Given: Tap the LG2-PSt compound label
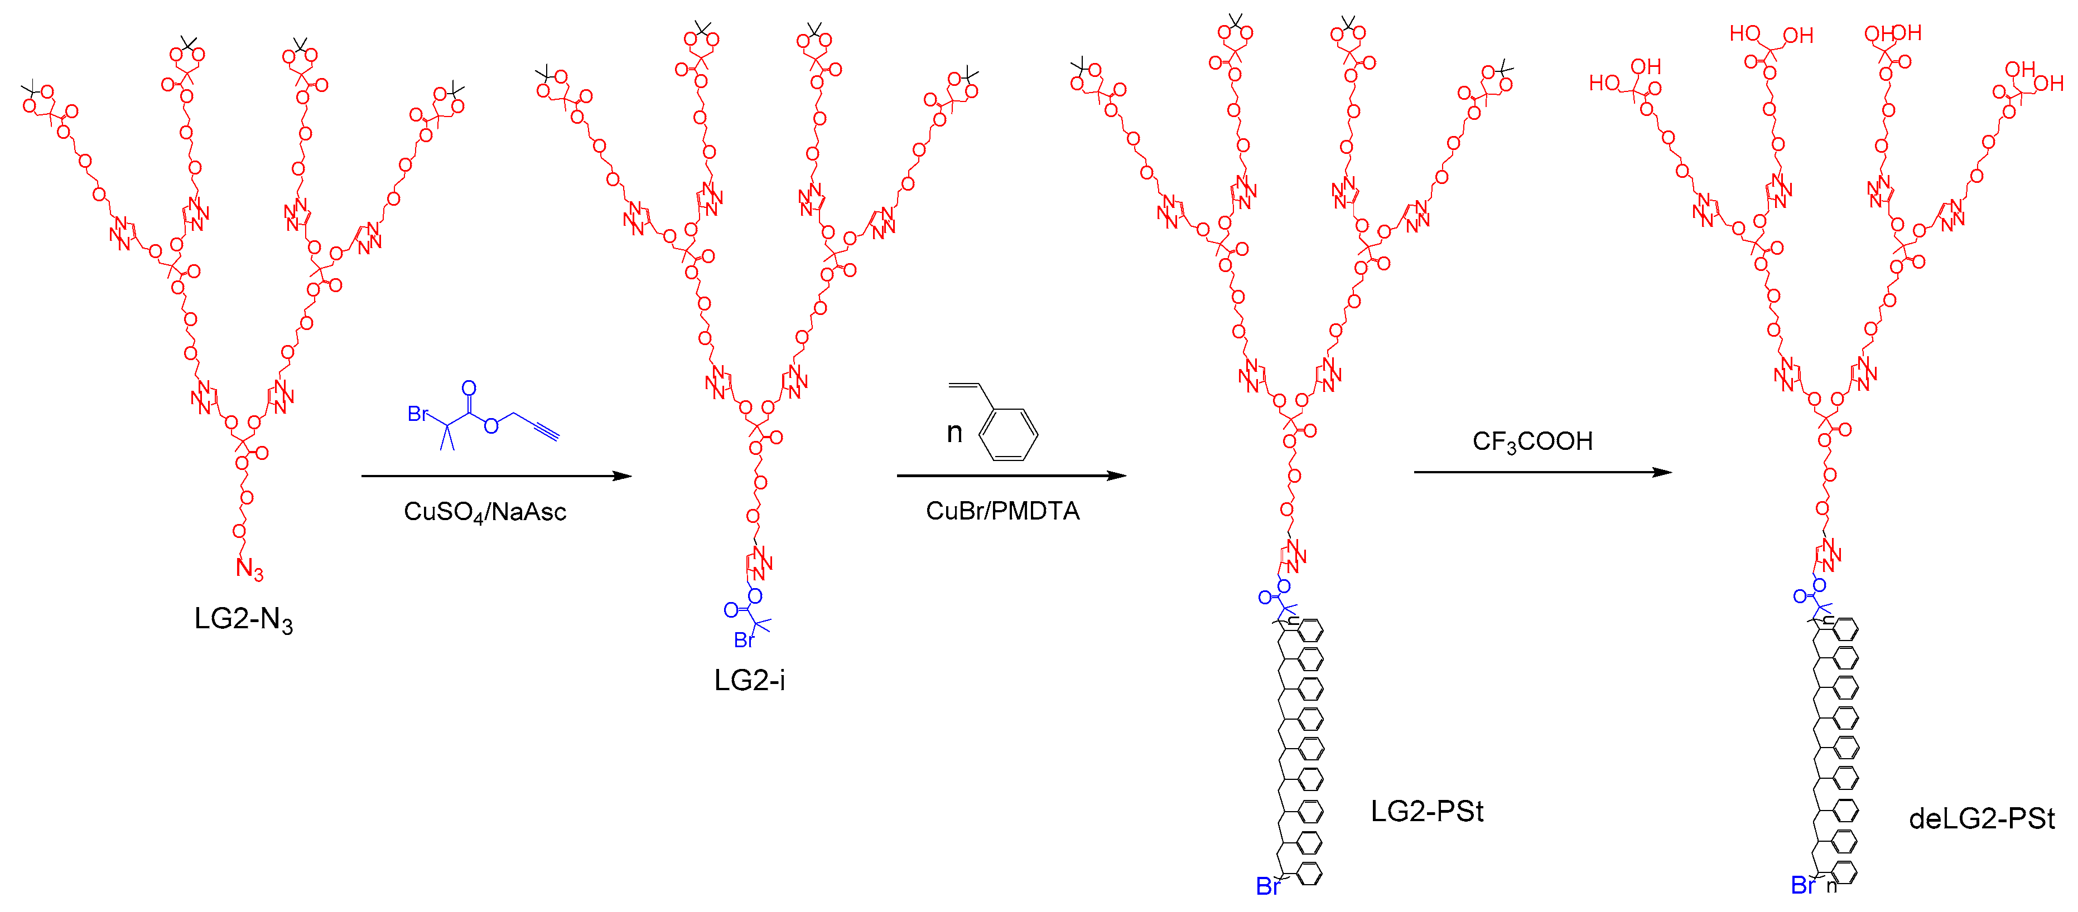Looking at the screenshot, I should pos(1426,811).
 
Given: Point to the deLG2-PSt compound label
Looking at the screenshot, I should pos(1981,819).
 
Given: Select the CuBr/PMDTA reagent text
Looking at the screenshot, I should pos(1002,511).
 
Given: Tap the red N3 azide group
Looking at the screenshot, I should pos(248,569).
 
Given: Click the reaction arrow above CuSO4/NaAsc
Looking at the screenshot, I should pos(496,476).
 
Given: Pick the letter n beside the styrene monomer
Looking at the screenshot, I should pos(954,433).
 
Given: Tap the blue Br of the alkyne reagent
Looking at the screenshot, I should pos(418,414).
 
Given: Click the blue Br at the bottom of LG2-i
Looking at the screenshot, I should pos(743,641).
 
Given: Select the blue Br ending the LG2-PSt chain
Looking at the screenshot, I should pos(1267,887).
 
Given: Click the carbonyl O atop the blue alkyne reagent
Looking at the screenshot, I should pos(469,389).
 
